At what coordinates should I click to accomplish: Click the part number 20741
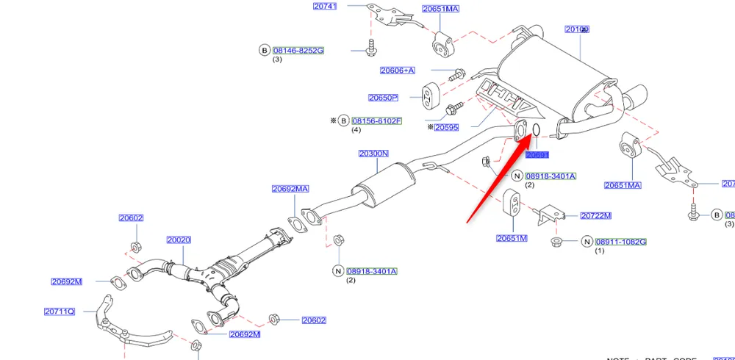coord(324,6)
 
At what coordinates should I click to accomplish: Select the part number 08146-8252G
coord(298,51)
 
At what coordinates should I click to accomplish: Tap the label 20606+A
coord(398,71)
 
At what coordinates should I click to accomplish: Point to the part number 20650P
coord(383,98)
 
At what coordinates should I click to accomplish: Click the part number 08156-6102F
coord(376,120)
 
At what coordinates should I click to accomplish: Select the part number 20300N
coord(373,154)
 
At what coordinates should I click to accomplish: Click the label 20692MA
coord(290,189)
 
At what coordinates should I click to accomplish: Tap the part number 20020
coord(179,240)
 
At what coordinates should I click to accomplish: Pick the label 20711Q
coord(60,312)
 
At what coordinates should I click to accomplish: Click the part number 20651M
coord(512,238)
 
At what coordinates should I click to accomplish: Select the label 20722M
coord(596,216)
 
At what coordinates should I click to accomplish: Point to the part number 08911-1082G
coord(621,242)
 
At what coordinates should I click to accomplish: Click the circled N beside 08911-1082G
coord(587,242)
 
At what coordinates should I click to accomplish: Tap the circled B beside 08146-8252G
coord(264,51)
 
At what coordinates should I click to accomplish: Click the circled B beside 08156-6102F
coord(343,120)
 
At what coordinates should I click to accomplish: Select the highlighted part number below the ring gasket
coord(537,155)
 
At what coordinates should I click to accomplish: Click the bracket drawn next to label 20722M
coord(550,214)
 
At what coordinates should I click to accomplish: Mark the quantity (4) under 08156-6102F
coord(356,130)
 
